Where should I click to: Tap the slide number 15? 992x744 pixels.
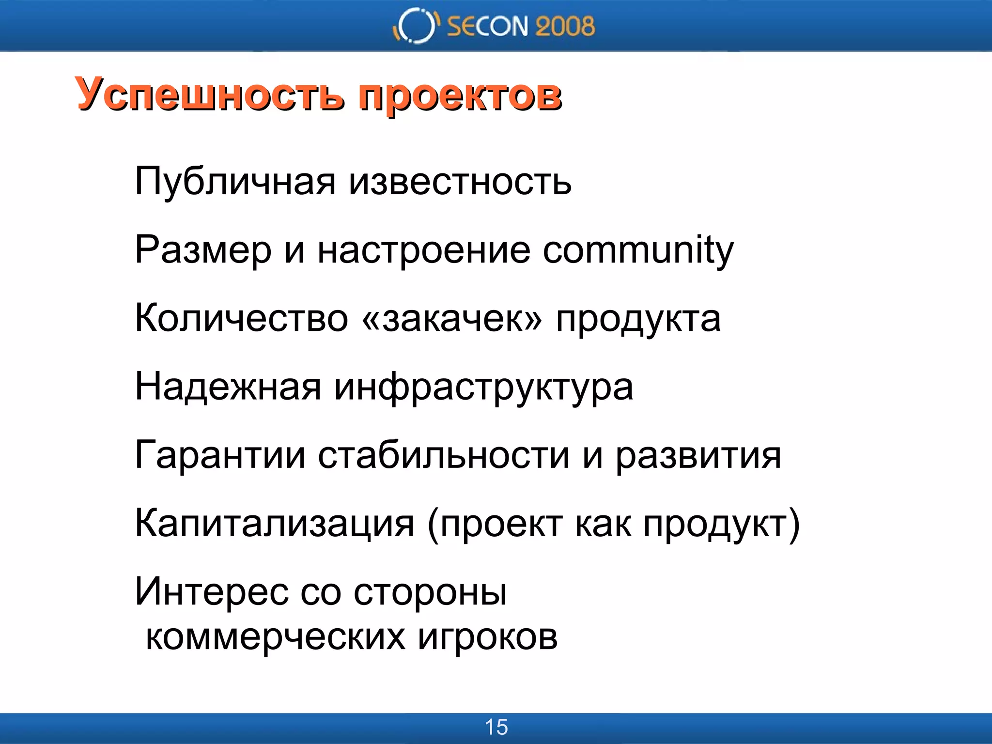click(496, 727)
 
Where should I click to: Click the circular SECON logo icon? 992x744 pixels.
click(415, 26)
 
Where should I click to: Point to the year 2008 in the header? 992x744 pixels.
click(565, 26)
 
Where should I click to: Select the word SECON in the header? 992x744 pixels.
click(487, 26)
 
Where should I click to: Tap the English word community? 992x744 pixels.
click(638, 251)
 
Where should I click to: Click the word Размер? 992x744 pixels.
click(203, 251)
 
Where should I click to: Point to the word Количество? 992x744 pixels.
click(241, 319)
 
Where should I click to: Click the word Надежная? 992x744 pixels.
click(228, 387)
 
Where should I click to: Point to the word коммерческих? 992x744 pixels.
click(275, 637)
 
